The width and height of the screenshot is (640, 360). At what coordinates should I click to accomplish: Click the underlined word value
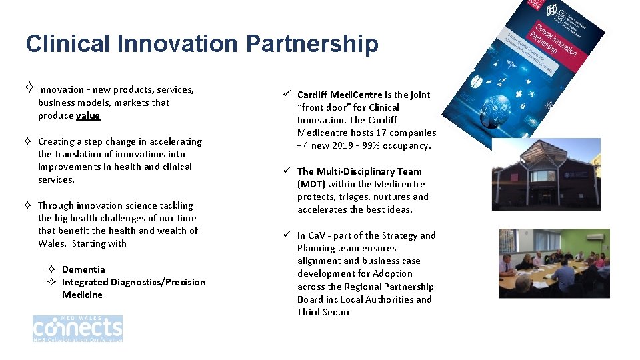click(87, 115)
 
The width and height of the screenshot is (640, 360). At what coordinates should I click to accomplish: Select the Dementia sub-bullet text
click(83, 269)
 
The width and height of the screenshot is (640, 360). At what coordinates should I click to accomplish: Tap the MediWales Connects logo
click(77, 329)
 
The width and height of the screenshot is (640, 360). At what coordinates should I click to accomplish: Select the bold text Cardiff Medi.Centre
click(339, 95)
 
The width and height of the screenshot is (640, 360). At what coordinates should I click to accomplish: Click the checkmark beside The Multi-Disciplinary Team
click(285, 171)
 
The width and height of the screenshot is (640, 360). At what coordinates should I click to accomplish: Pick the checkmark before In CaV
click(285, 235)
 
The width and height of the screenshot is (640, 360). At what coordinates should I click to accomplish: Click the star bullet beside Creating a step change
click(29, 141)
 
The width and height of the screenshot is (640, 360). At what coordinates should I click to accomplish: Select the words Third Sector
click(323, 312)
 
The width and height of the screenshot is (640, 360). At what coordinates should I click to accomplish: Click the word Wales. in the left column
click(52, 243)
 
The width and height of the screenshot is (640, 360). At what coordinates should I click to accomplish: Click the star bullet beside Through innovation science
click(29, 205)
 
